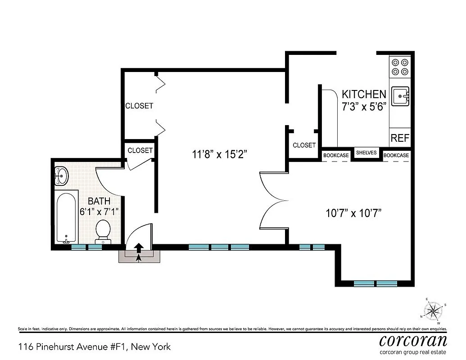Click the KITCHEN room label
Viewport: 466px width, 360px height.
[364, 94]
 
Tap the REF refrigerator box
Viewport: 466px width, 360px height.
[400, 138]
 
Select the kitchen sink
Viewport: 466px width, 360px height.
[400, 96]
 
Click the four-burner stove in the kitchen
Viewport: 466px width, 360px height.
[400, 67]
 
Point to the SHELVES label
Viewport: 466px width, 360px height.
[366, 153]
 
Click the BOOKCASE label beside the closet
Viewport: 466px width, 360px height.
[336, 155]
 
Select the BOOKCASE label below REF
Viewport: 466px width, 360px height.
[396, 155]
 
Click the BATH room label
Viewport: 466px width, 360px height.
[99, 201]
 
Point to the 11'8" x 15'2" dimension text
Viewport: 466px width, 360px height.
[219, 154]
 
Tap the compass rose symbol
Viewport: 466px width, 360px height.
[433, 310]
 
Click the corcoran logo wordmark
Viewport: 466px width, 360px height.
[413, 339]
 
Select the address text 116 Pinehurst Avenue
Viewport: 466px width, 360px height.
[94, 346]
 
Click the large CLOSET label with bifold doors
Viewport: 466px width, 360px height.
[139, 106]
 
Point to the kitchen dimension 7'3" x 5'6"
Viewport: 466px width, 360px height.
[364, 108]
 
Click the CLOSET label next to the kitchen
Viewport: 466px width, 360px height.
[304, 145]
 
